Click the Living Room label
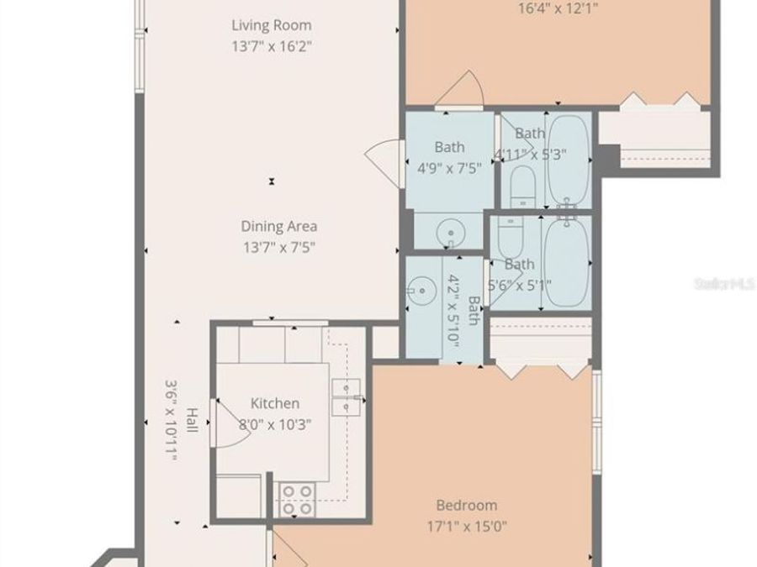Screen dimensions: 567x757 [x=271, y=25]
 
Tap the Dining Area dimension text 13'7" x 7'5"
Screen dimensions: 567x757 [x=279, y=246]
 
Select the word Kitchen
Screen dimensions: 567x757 [x=274, y=404]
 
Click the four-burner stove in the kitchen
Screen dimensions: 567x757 [x=296, y=499]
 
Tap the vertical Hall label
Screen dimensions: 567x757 [x=192, y=420]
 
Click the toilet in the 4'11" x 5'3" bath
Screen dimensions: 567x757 [x=521, y=186]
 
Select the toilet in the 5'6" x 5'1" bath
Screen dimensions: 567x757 [x=510, y=239]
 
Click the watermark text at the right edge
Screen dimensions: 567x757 [x=724, y=284]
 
